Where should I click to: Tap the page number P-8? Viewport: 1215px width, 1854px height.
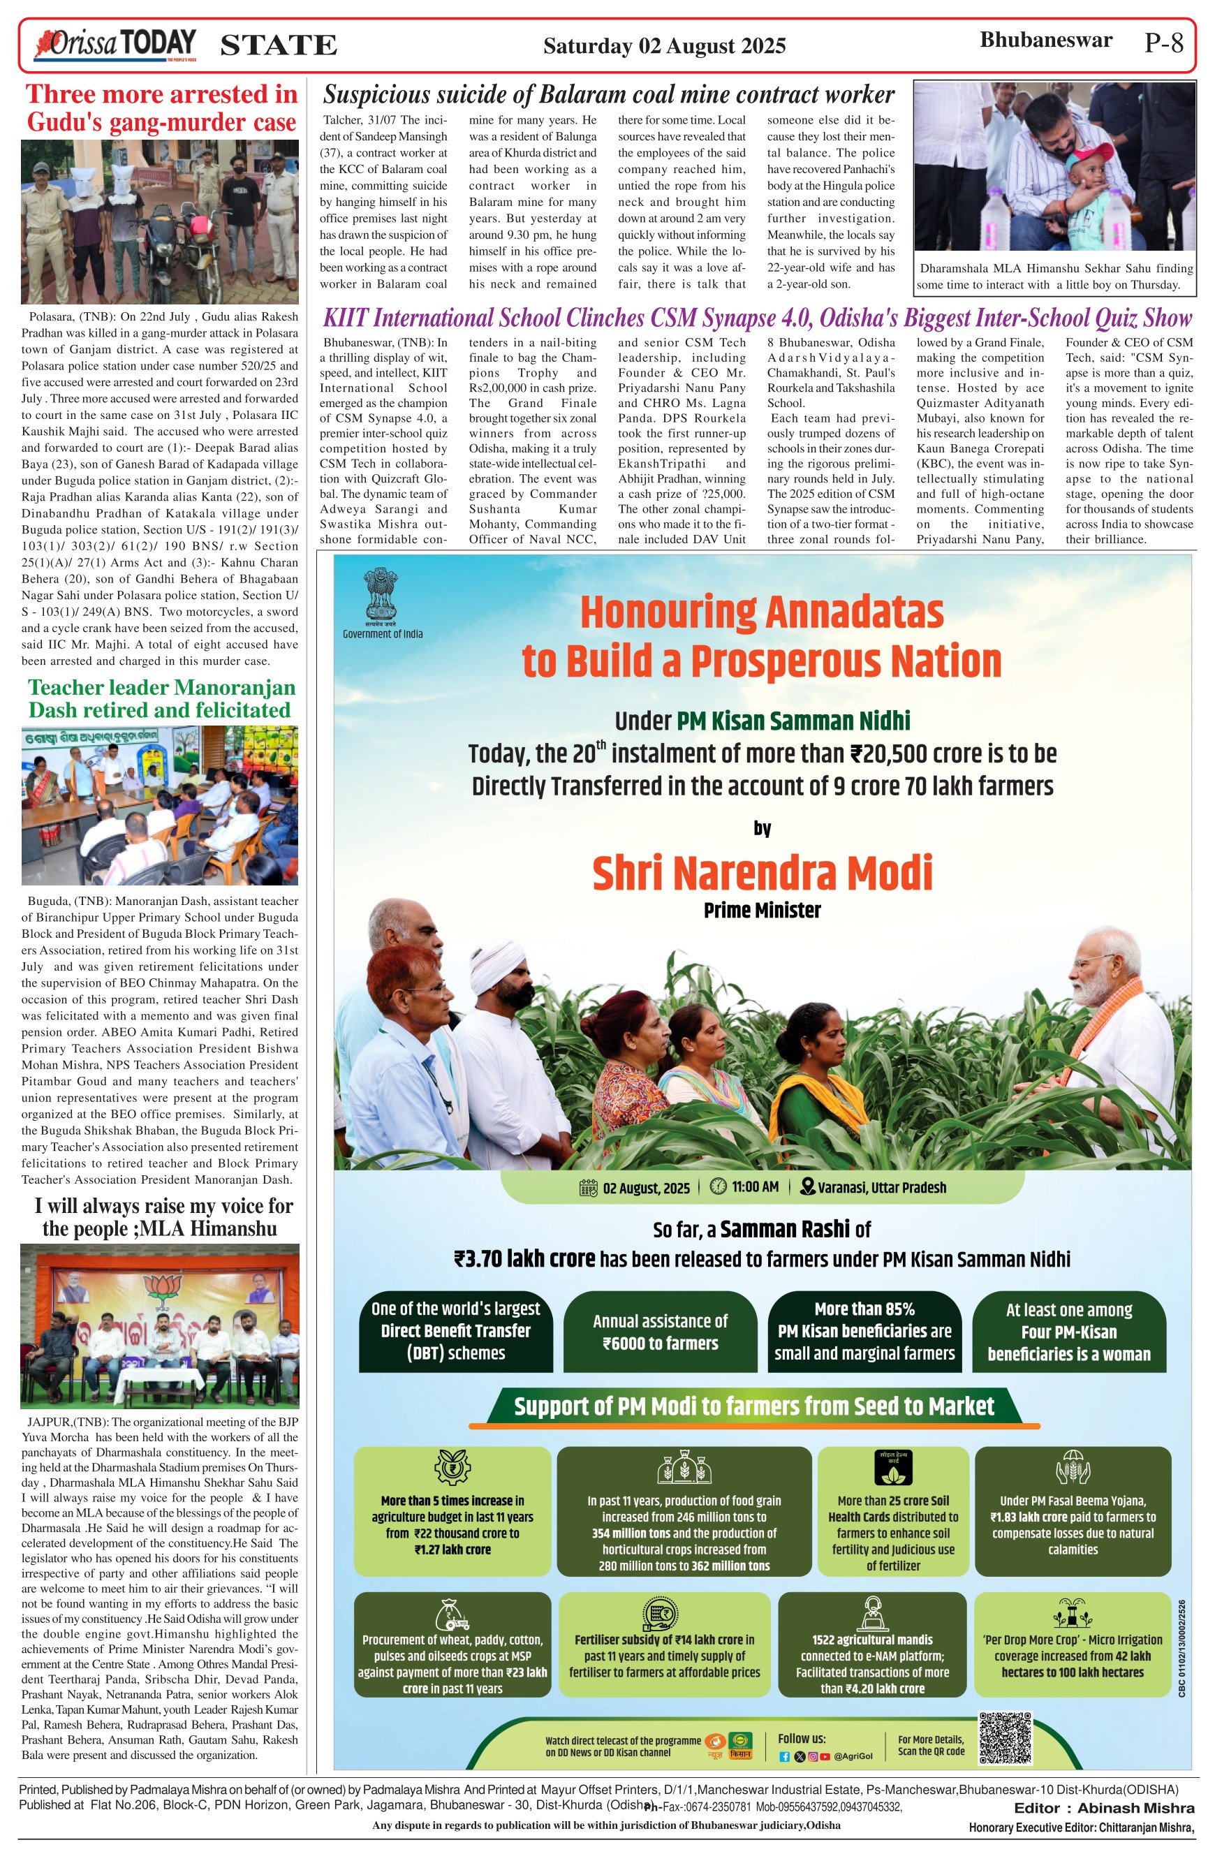[x=1163, y=43]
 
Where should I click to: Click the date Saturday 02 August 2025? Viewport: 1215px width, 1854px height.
[x=664, y=46]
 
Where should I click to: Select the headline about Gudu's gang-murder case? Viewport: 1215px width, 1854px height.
[x=162, y=108]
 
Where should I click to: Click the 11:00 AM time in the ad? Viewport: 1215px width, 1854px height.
[x=754, y=1186]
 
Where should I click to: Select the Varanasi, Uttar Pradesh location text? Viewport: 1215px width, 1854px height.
[x=882, y=1187]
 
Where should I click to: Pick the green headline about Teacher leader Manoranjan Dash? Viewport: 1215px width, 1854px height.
[x=162, y=699]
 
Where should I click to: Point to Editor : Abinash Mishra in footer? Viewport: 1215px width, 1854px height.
[x=1103, y=1808]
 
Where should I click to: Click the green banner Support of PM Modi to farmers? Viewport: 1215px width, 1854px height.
[x=754, y=1406]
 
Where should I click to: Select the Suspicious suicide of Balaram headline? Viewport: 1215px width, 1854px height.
[x=608, y=95]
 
